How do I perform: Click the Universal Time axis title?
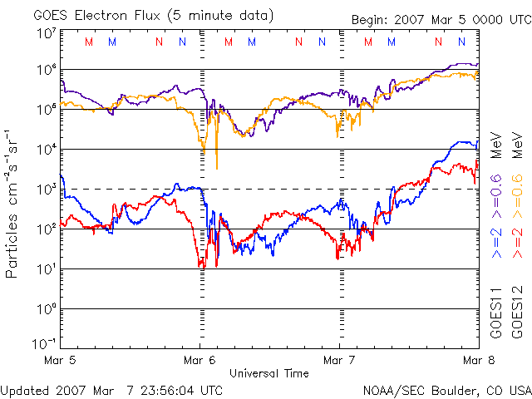pos(268,373)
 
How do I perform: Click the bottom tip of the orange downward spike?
pos(217,169)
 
